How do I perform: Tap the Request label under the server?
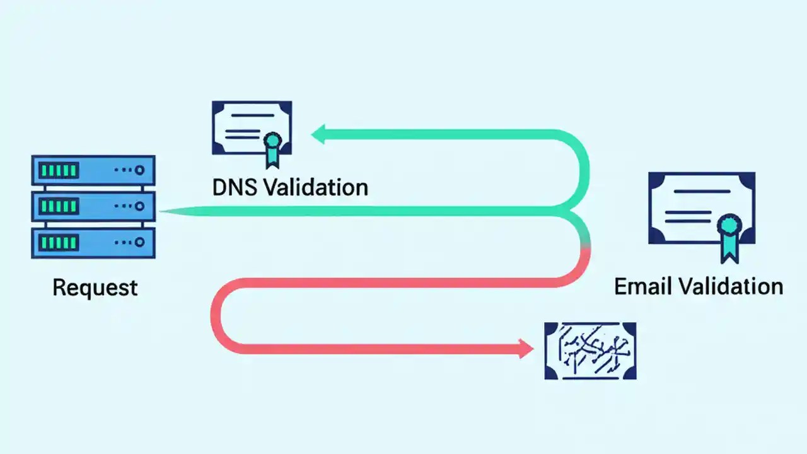(x=95, y=288)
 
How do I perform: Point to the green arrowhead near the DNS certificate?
(x=318, y=134)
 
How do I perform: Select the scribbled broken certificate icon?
(x=590, y=351)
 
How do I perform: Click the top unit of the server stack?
(x=93, y=170)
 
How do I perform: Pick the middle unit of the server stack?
(x=93, y=206)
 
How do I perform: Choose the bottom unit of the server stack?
(x=93, y=242)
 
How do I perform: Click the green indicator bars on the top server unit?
(x=59, y=170)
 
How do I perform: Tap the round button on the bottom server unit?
(x=139, y=242)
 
